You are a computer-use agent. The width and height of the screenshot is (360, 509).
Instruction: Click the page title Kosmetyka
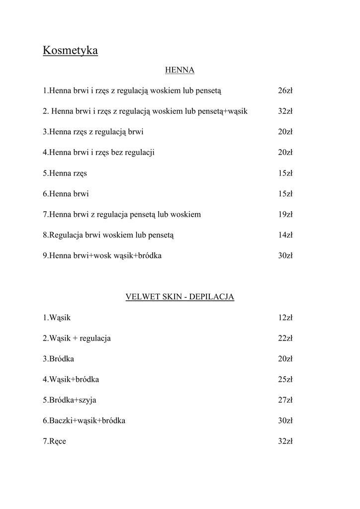point(70,51)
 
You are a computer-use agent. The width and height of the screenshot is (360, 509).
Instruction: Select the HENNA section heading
point(180,70)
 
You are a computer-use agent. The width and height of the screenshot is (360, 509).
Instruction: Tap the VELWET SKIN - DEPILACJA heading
point(180,297)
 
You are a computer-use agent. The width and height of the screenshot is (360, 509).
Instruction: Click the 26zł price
point(285,90)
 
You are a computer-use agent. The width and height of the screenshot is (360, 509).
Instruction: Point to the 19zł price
point(285,215)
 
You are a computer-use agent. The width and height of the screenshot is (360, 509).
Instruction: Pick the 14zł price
point(285,235)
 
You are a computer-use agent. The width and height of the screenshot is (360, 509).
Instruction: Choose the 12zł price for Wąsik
point(285,318)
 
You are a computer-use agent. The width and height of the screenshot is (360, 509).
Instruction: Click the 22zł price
point(285,338)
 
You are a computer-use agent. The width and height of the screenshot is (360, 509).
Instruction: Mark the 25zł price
point(285,379)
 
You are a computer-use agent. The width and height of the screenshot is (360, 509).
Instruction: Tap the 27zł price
point(285,400)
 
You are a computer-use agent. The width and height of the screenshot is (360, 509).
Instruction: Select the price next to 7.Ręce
point(285,441)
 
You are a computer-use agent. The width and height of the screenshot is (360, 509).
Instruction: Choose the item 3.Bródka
point(58,359)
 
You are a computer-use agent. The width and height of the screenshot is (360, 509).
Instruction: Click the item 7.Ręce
point(54,441)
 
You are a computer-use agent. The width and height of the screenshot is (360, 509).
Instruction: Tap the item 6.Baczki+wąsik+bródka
point(84,421)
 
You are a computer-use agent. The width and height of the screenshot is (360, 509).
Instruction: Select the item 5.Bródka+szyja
point(70,400)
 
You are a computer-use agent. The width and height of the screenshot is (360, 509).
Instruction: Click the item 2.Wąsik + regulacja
point(77,338)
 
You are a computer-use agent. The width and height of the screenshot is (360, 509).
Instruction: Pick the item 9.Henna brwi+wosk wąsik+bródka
point(102,256)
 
